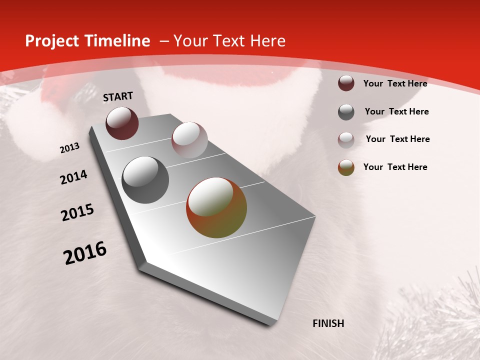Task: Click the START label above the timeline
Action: coord(118,96)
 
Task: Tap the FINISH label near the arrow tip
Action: coord(328,323)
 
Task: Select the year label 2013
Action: coord(69,148)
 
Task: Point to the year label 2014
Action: coord(73,177)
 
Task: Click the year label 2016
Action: coord(85,253)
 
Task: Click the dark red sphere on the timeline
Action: coord(122,123)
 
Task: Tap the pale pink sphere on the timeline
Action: coord(189,140)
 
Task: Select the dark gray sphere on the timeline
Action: coord(145,180)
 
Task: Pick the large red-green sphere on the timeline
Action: coord(216,207)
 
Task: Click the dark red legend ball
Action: coord(346,83)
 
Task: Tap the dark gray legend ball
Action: coord(346,112)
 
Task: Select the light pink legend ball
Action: coord(346,140)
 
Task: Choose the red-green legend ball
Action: coord(346,167)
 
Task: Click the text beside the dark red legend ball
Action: coord(395,83)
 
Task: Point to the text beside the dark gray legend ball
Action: coord(396,111)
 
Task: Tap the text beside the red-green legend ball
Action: coord(395,167)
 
